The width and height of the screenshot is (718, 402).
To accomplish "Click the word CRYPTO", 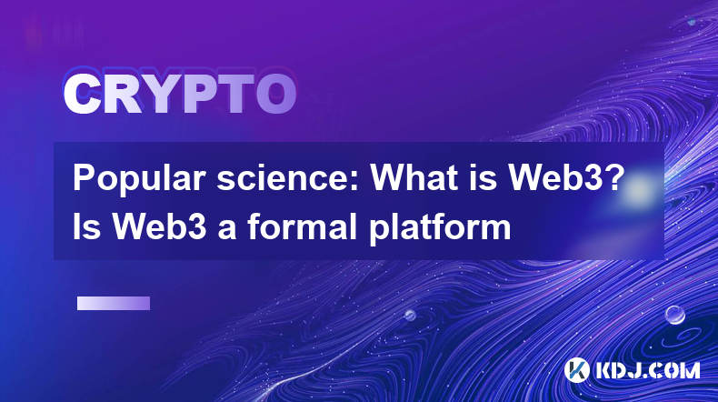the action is pyautogui.click(x=180, y=95).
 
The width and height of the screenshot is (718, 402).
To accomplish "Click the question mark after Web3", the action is pyautogui.click(x=617, y=178).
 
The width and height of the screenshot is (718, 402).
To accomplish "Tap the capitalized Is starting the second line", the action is pyautogui.click(x=86, y=226).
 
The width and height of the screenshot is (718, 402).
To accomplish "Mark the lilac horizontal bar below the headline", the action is pyautogui.click(x=114, y=303).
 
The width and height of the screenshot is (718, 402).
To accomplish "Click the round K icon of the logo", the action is pyautogui.click(x=576, y=370).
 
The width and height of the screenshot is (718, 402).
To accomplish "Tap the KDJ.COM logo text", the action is pyautogui.click(x=647, y=370).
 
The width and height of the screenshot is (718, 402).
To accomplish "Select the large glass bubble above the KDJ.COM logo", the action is pyautogui.click(x=674, y=315).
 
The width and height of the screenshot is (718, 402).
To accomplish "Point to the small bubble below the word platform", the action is pyautogui.click(x=410, y=315).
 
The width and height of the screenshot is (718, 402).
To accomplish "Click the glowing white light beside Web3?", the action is pyautogui.click(x=640, y=189).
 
